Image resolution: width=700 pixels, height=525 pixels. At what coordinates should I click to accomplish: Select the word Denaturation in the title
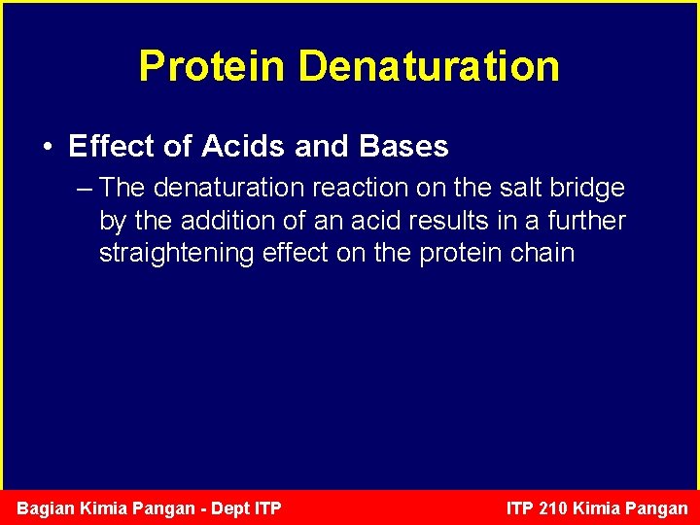pos(429,66)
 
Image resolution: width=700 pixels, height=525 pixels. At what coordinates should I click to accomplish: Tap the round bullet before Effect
pos(48,148)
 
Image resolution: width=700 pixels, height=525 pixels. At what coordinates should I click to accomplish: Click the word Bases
pos(403,147)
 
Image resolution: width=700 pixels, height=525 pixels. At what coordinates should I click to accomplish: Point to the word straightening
pos(177,254)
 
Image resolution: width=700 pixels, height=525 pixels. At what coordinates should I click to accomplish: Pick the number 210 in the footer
pos(551,508)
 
